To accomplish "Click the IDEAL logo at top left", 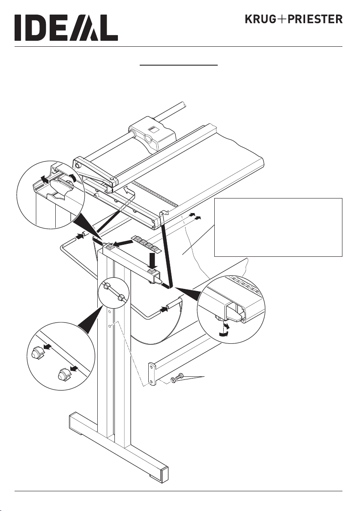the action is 66,27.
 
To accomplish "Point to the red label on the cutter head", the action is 153,129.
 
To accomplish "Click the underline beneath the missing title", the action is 179,65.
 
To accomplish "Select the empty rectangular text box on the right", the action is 278,227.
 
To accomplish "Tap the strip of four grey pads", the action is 146,243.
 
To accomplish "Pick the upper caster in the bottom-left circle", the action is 36,353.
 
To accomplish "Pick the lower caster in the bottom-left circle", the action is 64,374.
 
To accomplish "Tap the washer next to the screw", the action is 173,380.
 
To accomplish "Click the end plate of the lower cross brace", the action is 151,373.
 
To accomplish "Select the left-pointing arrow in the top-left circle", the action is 44,178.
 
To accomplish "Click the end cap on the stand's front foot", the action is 164,472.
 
